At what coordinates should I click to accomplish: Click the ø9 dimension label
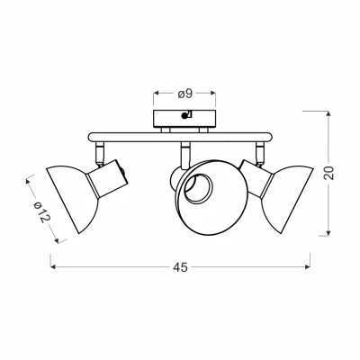pyautogui.click(x=184, y=94)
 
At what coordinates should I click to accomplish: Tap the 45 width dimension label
pyautogui.click(x=180, y=267)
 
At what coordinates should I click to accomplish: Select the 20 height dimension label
pyautogui.click(x=329, y=173)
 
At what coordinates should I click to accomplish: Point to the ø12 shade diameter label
pyautogui.click(x=41, y=211)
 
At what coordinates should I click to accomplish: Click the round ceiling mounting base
pyautogui.click(x=184, y=119)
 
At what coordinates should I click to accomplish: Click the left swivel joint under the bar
pyautogui.click(x=99, y=154)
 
